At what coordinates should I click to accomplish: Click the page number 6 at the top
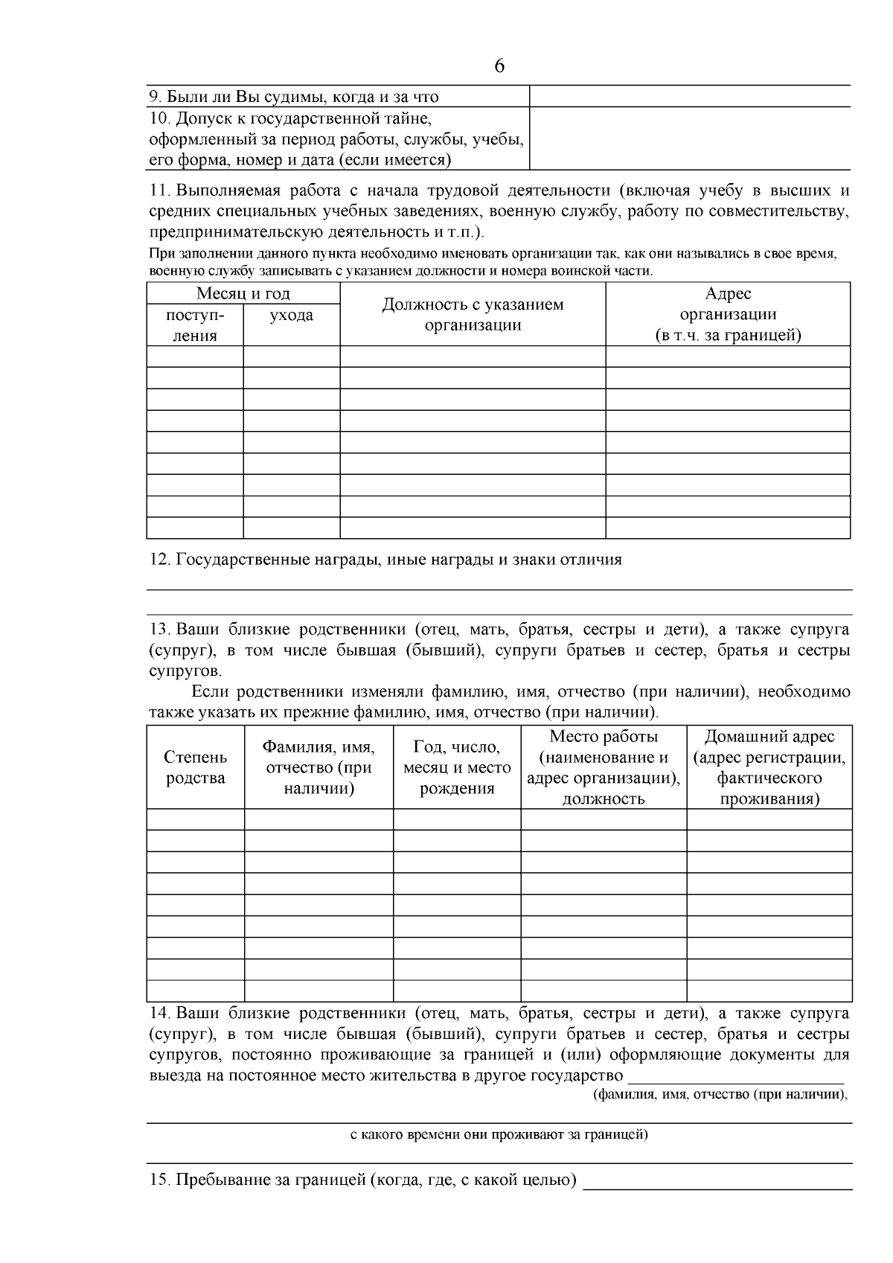click(499, 66)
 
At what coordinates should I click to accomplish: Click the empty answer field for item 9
click(689, 96)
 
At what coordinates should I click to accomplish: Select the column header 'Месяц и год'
click(243, 293)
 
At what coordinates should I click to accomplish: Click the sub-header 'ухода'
click(291, 316)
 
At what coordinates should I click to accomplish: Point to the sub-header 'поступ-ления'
click(195, 325)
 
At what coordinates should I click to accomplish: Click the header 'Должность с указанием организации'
click(473, 314)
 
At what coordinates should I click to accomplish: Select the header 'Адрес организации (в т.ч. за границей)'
click(728, 314)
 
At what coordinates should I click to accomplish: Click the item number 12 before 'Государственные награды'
click(160, 560)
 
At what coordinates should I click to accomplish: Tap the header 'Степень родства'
click(196, 767)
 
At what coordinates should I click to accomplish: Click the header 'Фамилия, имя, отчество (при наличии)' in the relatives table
click(319, 767)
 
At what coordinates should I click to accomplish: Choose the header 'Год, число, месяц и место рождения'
click(457, 767)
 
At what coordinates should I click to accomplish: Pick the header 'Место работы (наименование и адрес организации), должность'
click(604, 767)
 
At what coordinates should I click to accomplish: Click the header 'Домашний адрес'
click(769, 736)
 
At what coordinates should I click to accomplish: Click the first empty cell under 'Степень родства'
click(196, 819)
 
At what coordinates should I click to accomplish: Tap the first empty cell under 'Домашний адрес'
click(769, 819)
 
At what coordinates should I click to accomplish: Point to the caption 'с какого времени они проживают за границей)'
click(499, 1136)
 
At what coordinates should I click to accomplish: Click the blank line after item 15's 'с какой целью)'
click(717, 1183)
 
